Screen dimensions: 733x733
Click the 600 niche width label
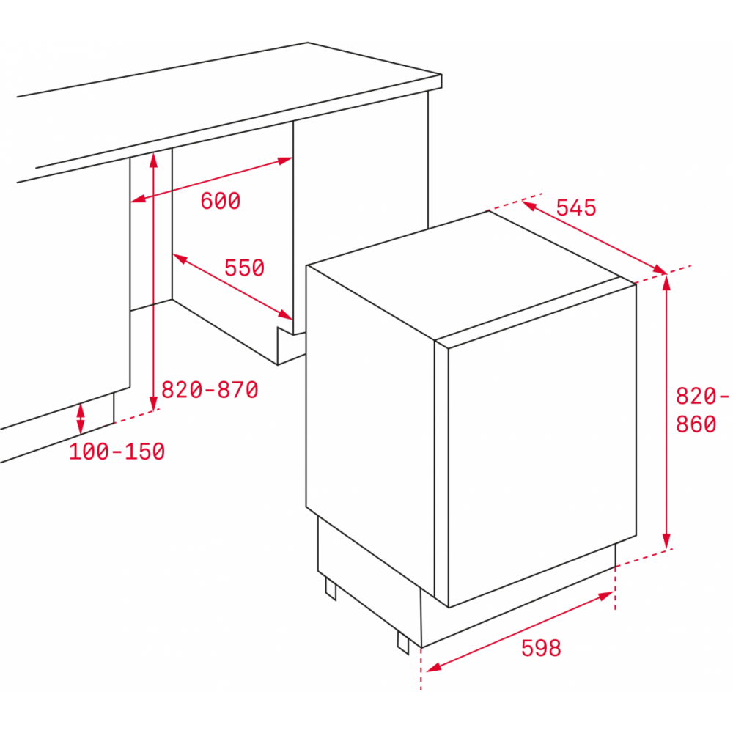[221, 201]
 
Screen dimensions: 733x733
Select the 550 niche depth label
[245, 268]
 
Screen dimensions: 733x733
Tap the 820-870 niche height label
[210, 389]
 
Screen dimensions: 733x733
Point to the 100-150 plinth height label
[117, 452]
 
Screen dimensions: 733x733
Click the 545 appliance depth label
[576, 207]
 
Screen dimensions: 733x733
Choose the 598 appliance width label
[541, 649]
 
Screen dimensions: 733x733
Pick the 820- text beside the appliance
[702, 397]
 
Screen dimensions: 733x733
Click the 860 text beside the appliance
[696, 424]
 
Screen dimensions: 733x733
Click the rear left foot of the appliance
[331, 589]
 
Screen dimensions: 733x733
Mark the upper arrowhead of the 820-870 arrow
[153, 160]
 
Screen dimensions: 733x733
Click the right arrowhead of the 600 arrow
[284, 161]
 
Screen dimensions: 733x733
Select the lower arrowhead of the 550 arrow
[285, 314]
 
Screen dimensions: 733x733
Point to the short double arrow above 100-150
[81, 419]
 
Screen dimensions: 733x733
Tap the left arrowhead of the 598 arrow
[434, 668]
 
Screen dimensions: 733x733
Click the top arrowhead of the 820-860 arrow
[666, 283]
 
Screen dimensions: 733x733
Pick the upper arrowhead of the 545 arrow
[528, 205]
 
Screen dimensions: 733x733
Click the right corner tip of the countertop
[441, 75]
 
